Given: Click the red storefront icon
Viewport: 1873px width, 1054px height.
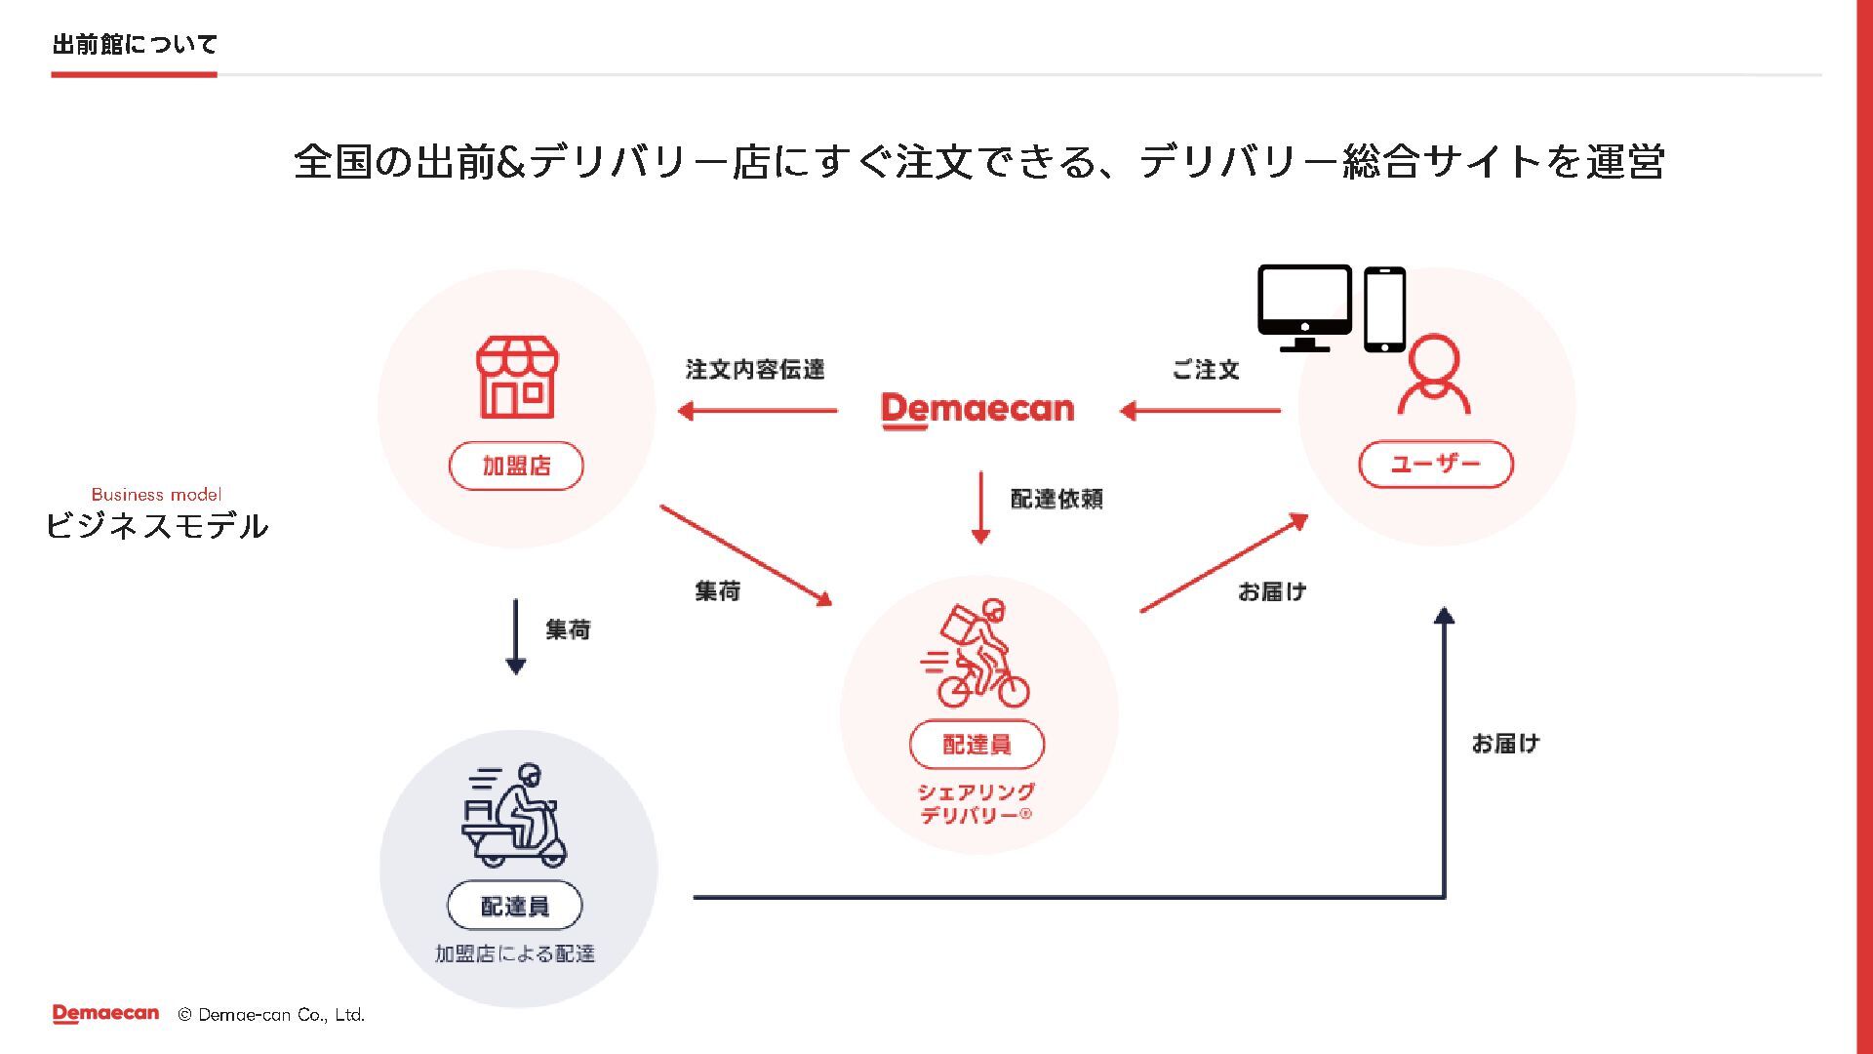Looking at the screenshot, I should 517,378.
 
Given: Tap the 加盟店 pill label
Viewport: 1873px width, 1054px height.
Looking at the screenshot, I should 516,466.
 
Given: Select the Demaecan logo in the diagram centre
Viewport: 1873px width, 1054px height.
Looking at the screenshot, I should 977,410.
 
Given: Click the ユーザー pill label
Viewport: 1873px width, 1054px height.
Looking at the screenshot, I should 1435,464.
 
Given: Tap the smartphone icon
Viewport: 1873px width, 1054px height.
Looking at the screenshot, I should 1384,308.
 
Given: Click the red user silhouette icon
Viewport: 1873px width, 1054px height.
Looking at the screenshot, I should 1433,376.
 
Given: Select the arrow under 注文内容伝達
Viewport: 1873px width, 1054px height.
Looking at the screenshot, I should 758,411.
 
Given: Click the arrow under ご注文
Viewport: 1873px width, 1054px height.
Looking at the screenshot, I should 1200,411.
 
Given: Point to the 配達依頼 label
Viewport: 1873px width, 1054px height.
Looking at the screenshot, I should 1056,499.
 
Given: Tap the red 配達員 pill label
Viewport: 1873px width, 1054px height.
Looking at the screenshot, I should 976,745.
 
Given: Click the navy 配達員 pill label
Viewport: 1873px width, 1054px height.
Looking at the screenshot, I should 515,907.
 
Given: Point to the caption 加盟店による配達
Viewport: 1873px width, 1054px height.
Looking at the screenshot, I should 515,953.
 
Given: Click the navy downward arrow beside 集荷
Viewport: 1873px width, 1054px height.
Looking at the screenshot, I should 516,636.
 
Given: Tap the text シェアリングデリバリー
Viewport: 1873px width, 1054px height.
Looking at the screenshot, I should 976,803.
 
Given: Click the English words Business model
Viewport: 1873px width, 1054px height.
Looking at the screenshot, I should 156,495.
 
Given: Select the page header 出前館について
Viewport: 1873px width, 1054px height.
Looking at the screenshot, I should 135,44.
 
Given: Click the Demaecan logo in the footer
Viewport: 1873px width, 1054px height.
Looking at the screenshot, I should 105,1014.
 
